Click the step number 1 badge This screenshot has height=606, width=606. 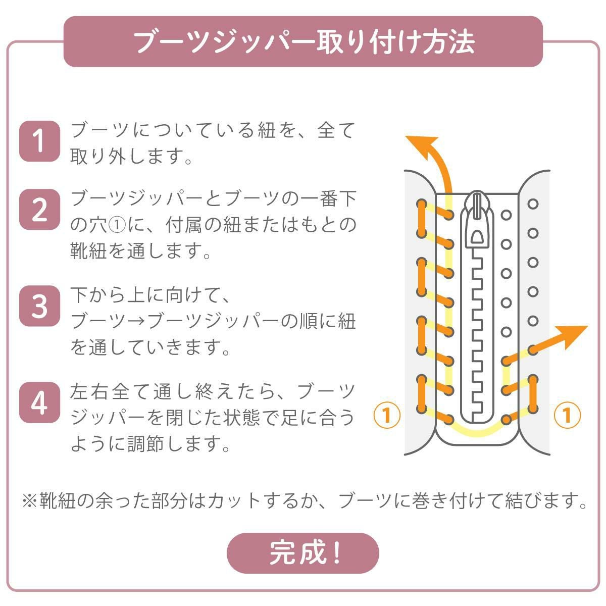click(x=39, y=141)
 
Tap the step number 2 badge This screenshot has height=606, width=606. click(x=39, y=210)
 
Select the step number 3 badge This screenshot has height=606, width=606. click(x=39, y=306)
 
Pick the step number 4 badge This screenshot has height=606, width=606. click(x=39, y=402)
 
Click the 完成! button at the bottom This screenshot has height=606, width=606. click(x=302, y=553)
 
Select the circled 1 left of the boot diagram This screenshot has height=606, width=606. click(x=387, y=415)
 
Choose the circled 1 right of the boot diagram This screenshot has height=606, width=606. click(x=567, y=415)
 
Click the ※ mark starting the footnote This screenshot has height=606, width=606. click(x=30, y=501)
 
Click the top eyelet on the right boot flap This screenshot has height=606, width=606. click(x=533, y=204)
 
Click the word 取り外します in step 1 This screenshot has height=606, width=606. click(x=127, y=156)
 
